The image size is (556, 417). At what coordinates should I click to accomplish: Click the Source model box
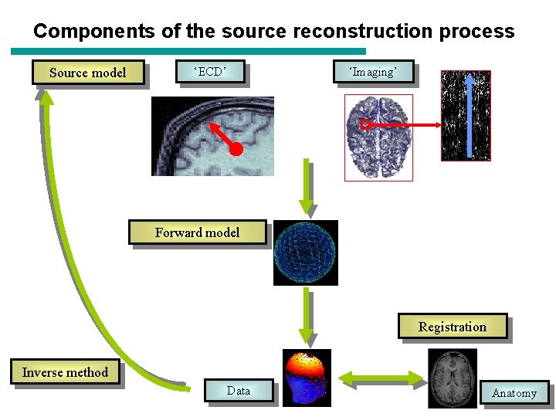coord(87,73)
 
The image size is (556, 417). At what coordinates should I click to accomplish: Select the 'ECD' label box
coord(211,72)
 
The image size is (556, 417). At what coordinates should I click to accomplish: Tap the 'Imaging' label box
coord(373,72)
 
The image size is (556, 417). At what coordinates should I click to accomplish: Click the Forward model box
coord(197,232)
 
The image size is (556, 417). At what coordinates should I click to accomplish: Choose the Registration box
coord(453,327)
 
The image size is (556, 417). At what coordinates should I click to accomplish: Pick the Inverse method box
coord(65,372)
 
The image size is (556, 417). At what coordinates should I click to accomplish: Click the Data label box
coord(239,391)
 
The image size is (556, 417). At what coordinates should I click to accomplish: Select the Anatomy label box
coord(514,393)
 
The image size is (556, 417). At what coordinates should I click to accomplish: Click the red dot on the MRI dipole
coord(236,147)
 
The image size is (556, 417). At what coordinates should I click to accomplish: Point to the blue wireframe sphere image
coord(306,253)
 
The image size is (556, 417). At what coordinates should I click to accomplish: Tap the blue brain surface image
coord(378,137)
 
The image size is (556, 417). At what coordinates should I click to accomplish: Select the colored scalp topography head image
coord(307,378)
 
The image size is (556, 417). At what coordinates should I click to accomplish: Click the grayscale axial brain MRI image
coord(453,378)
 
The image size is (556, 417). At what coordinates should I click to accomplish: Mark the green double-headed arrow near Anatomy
coord(379,378)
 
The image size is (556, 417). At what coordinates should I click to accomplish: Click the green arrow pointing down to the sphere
coord(307,185)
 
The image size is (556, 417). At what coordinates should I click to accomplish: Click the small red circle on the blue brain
coord(365,124)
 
